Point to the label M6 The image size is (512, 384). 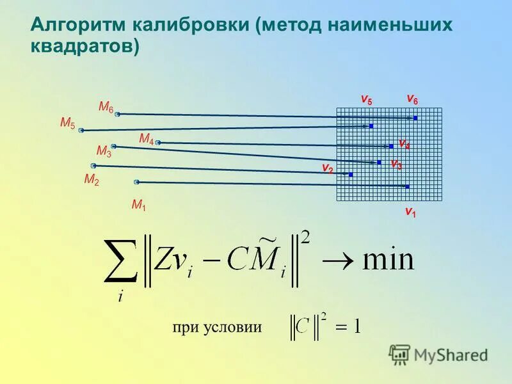[106, 107]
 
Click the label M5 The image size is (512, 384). [67, 122]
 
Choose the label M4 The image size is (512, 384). [146, 139]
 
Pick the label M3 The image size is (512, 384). [104, 151]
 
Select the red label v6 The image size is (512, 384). [412, 99]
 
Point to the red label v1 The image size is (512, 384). [410, 211]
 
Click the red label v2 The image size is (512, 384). [327, 168]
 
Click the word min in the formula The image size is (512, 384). [388, 259]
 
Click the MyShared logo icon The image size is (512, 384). [399, 354]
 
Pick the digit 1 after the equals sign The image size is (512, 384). [356, 327]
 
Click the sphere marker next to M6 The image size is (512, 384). [118, 114]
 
